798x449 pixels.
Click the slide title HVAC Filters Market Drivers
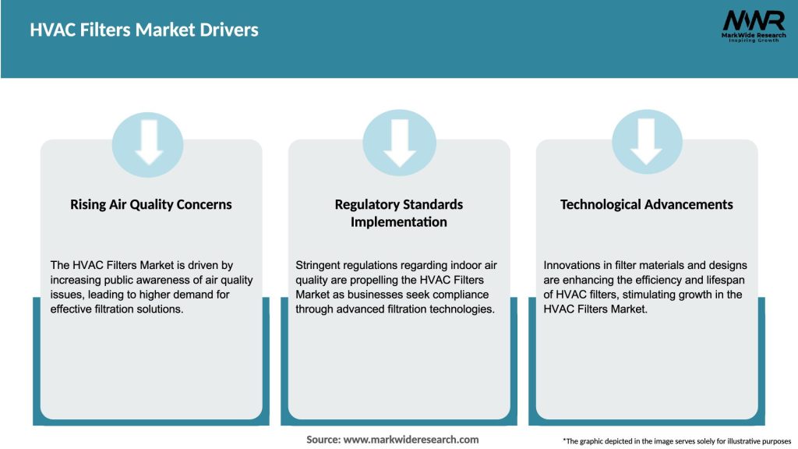[x=144, y=30]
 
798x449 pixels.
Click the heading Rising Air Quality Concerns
[x=151, y=204]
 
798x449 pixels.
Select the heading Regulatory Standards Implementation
[x=399, y=213]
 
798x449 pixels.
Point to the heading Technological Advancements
[x=646, y=204]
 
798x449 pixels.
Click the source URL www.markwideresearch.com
[x=411, y=440]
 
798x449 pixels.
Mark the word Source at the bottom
[x=323, y=440]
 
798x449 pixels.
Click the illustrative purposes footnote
[x=676, y=440]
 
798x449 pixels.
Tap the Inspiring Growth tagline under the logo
[x=754, y=40]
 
